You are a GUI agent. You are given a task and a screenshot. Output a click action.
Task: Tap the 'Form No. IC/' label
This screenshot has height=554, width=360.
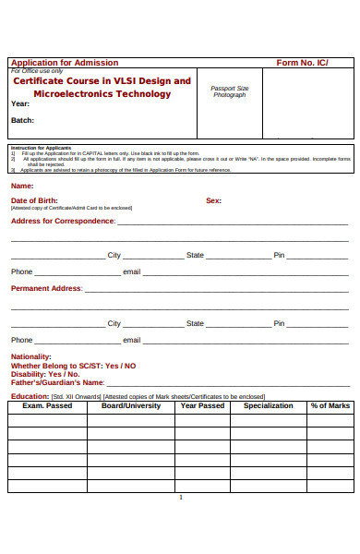tap(302, 63)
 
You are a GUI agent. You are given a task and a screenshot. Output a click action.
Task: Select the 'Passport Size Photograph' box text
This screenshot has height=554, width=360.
tap(230, 91)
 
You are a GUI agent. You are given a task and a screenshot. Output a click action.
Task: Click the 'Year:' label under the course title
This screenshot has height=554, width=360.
tap(20, 104)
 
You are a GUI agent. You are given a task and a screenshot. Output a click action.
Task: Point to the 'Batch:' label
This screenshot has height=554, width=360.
tap(22, 121)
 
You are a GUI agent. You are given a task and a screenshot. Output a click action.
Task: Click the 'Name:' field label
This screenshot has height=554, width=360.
tap(22, 186)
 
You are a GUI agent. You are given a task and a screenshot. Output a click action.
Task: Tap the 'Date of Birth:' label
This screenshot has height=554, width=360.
tap(34, 200)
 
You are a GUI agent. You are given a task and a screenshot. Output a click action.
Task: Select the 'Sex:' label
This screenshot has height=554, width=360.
tap(213, 200)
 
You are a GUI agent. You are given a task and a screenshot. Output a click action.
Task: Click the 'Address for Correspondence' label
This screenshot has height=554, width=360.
tap(63, 222)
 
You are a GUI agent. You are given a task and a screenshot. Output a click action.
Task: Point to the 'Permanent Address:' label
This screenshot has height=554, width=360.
tap(46, 288)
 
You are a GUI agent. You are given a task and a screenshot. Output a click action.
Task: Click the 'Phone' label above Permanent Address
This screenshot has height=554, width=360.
tap(21, 271)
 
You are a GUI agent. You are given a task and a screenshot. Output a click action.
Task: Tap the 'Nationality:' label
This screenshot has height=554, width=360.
tap(30, 356)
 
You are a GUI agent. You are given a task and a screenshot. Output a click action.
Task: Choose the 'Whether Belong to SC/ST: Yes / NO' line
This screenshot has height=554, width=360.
tap(73, 366)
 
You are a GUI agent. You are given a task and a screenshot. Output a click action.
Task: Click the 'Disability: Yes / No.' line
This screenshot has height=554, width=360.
tap(45, 374)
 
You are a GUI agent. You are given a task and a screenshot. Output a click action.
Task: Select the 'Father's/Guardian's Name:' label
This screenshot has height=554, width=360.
tap(57, 382)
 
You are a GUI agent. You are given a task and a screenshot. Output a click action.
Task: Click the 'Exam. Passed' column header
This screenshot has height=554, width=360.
tap(47, 405)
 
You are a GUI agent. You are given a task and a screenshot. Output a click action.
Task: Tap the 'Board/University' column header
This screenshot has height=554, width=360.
tap(130, 405)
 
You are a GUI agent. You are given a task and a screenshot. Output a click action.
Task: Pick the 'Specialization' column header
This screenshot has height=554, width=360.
tap(268, 405)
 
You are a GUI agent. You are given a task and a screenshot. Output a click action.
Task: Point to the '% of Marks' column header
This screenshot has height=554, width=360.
tap(330, 405)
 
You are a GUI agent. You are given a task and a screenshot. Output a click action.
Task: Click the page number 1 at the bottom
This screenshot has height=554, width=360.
tap(181, 498)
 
